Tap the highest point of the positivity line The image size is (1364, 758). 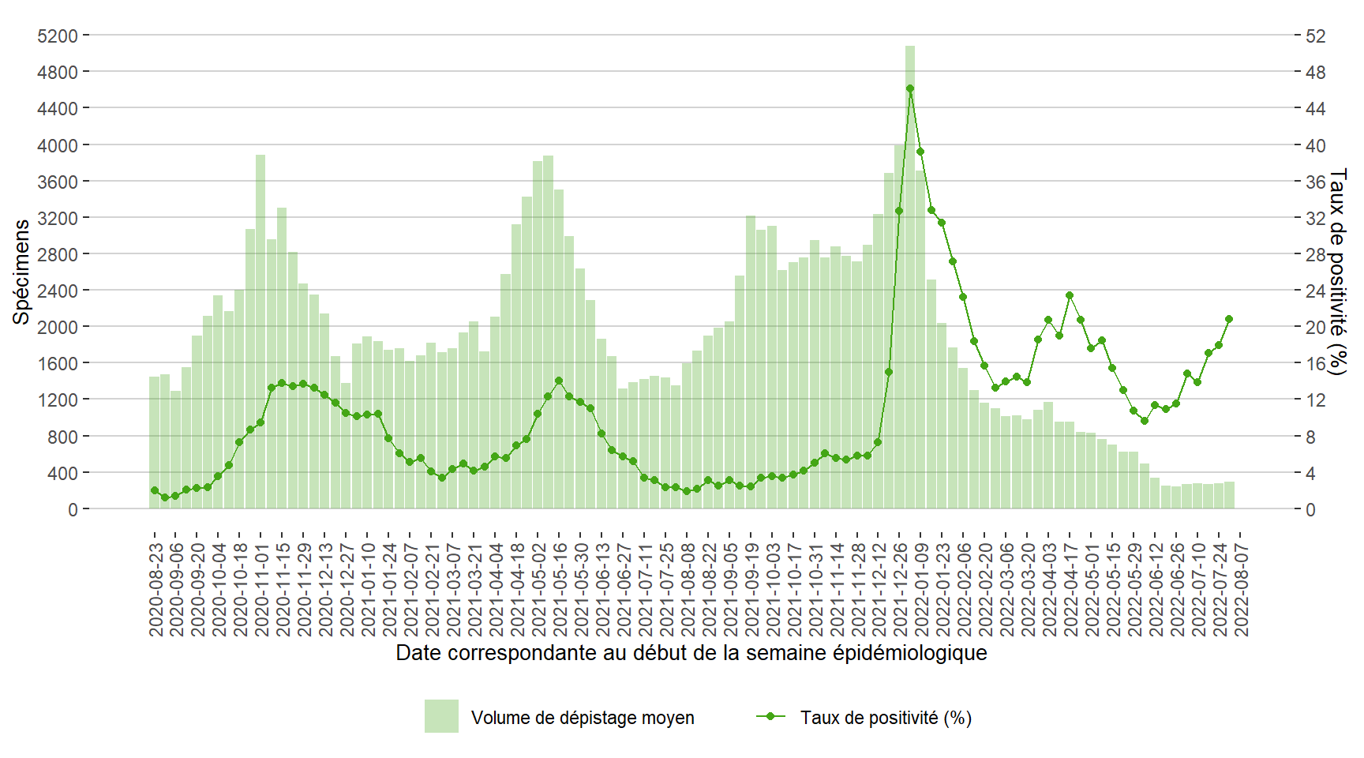coord(909,89)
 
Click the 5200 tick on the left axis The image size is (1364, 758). coord(58,36)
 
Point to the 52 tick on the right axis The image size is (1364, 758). coord(1315,36)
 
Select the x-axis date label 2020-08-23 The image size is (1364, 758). coord(156,589)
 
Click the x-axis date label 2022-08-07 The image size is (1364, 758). coord(1241,589)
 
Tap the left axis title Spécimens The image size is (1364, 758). coord(21,272)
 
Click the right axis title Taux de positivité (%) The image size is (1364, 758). coord(1337,272)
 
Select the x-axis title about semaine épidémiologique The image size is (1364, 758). coord(691,653)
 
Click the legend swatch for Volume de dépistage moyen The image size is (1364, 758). coord(441,716)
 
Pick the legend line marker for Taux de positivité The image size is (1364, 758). coord(770,716)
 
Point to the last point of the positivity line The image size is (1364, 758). coord(1229,319)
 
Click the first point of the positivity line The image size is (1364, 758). coord(155,490)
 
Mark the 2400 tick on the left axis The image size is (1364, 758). coord(58,291)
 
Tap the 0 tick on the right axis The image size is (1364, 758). coord(1310,509)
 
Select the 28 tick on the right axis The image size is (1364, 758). coord(1315,254)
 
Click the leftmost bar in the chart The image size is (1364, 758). coord(155,442)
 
